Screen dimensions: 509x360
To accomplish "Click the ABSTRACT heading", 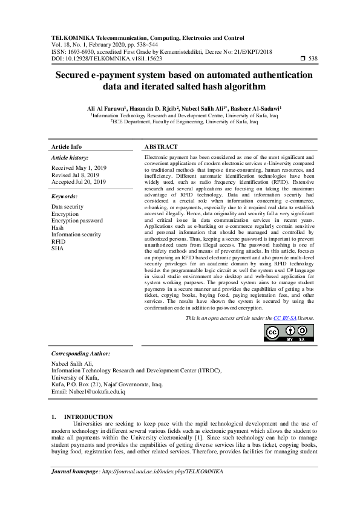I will coord(161,147).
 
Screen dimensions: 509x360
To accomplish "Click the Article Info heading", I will coord(67,147).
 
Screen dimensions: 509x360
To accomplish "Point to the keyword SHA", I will coord(57,248).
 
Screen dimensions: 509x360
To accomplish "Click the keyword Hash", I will coord(57,228).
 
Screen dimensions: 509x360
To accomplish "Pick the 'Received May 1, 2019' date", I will coord(79,167).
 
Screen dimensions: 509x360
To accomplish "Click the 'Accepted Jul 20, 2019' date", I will coord(79,181).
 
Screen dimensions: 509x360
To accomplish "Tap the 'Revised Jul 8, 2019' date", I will coord(75,175).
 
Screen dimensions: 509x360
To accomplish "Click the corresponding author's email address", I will coord(88,392).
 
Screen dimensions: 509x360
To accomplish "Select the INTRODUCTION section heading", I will coord(88,417).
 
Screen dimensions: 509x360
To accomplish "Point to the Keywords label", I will coord(64,196).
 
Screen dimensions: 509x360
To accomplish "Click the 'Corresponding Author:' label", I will coord(80,353).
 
